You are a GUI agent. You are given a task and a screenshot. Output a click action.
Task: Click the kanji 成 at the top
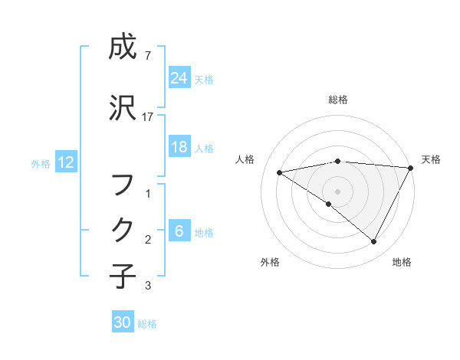(123, 48)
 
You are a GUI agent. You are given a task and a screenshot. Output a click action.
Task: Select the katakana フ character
(123, 184)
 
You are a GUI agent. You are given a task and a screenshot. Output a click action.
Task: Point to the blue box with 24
(179, 78)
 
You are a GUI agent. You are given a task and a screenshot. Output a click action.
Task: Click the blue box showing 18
(179, 148)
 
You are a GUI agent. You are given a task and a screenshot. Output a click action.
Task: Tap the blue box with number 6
(179, 232)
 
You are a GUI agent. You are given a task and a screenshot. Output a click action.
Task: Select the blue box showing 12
(65, 162)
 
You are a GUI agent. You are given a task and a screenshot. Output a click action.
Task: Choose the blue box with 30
(123, 323)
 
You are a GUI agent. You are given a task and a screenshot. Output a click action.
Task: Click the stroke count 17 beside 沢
(148, 117)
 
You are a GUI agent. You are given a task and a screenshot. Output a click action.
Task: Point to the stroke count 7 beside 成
(147, 56)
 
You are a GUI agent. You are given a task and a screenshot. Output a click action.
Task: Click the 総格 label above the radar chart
(338, 100)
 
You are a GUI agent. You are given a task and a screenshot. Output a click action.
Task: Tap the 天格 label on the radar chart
(431, 159)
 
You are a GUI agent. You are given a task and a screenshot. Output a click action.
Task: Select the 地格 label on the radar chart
(402, 262)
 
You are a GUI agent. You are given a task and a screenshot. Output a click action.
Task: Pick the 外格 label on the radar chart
(270, 262)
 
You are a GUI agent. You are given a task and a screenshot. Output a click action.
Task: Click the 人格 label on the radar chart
(245, 159)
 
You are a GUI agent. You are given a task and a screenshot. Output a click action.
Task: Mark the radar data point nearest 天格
(411, 168)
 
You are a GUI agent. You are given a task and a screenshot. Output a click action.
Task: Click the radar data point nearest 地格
(374, 242)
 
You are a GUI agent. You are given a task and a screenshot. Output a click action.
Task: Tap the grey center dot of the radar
(337, 191)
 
